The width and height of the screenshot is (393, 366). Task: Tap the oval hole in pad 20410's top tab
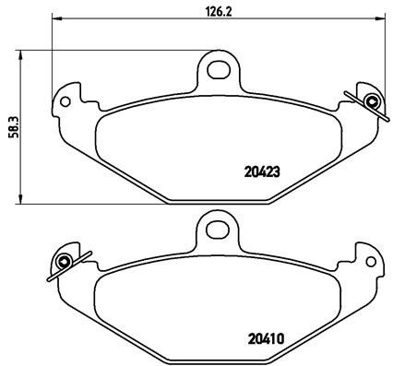(218, 224)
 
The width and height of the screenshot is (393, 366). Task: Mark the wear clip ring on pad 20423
(371, 100)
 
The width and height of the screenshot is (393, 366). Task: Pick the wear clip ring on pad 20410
(65, 261)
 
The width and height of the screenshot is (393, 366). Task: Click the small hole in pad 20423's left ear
(65, 102)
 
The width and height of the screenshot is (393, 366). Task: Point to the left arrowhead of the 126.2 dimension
(56, 20)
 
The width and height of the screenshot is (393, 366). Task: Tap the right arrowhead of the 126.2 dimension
(379, 20)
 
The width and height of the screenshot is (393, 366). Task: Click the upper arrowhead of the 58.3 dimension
(20, 53)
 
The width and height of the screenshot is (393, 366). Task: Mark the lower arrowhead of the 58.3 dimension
(20, 200)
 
